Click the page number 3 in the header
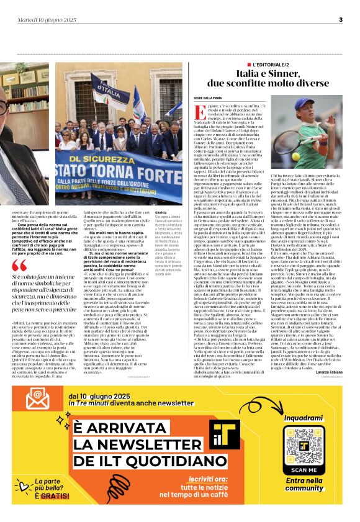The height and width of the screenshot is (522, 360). click(341, 20)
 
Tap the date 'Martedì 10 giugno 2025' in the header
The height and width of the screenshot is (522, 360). click(47, 20)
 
